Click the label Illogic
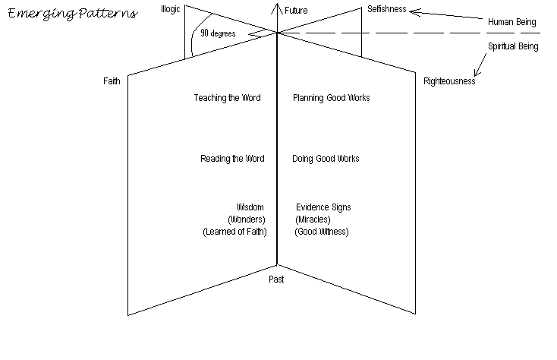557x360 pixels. pyautogui.click(x=171, y=8)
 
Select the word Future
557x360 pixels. pyautogui.click(x=296, y=11)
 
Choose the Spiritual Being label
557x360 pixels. pyautogui.click(x=513, y=46)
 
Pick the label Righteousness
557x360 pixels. pyautogui.click(x=449, y=81)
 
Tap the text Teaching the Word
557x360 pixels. pyautogui.click(x=227, y=98)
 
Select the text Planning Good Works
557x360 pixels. pyautogui.click(x=332, y=98)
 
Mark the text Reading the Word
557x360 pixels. pyautogui.click(x=232, y=159)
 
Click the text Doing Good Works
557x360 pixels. pyautogui.click(x=326, y=159)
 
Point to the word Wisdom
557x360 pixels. pyautogui.click(x=250, y=207)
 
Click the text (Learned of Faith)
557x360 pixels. pyautogui.click(x=234, y=232)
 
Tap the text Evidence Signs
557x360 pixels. pyautogui.click(x=323, y=207)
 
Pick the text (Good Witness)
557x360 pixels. pyautogui.click(x=323, y=232)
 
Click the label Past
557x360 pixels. pyautogui.click(x=276, y=279)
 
